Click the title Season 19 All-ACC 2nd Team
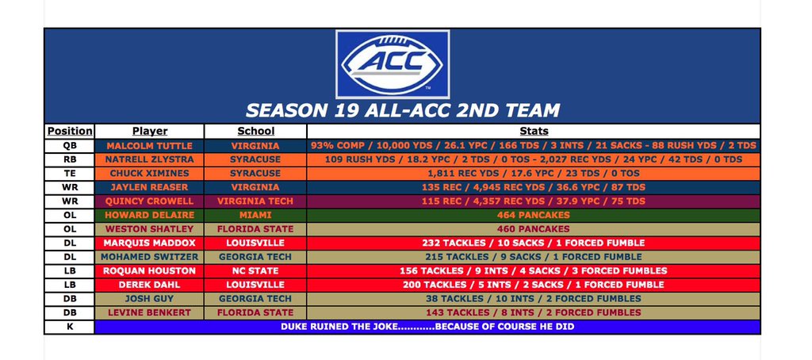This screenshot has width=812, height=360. pos(403,110)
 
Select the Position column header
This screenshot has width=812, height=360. pos(69,131)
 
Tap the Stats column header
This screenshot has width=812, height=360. pos(533,131)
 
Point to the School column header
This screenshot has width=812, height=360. pos(255,131)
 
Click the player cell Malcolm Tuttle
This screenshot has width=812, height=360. pos(149,146)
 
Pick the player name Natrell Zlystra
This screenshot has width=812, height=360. pos(149,159)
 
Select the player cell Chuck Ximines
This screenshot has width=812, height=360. pos(149,173)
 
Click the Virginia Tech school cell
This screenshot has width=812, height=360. pos(255,201)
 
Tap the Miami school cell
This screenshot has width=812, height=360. pos(255,215)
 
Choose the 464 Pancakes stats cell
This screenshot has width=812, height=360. pos(533,215)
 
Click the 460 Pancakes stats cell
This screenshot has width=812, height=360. pos(533,228)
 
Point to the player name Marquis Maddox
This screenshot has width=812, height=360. pos(149,243)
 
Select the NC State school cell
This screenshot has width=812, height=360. pos(255,270)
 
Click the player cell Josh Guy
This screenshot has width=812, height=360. pos(149,298)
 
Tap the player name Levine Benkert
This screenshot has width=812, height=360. pos(149,312)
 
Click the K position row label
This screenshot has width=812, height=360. pos(69,326)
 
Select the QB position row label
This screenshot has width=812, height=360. pos(69,146)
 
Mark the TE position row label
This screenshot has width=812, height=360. pos(69,173)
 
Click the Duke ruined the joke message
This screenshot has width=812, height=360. pos(427,326)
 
